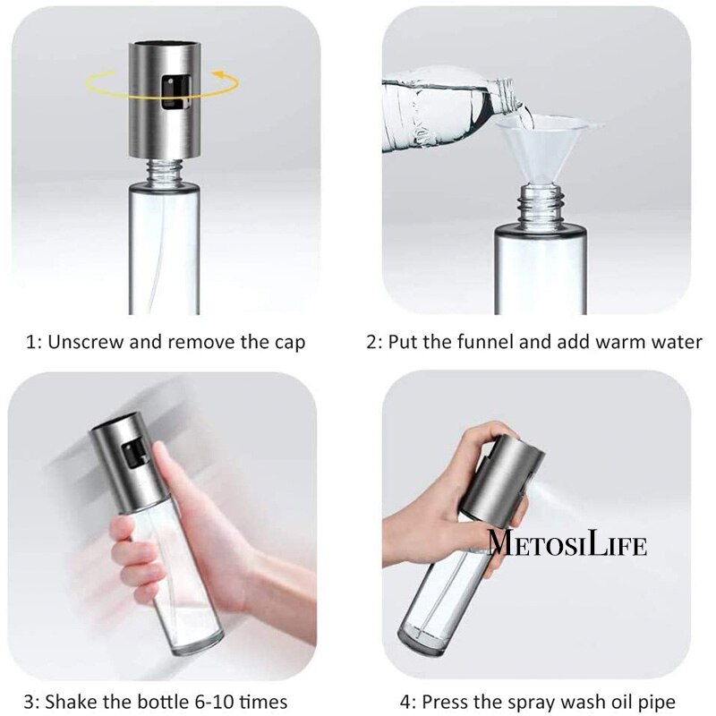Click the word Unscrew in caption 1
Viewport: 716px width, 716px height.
click(x=87, y=342)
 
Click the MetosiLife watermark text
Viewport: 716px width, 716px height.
click(x=567, y=544)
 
